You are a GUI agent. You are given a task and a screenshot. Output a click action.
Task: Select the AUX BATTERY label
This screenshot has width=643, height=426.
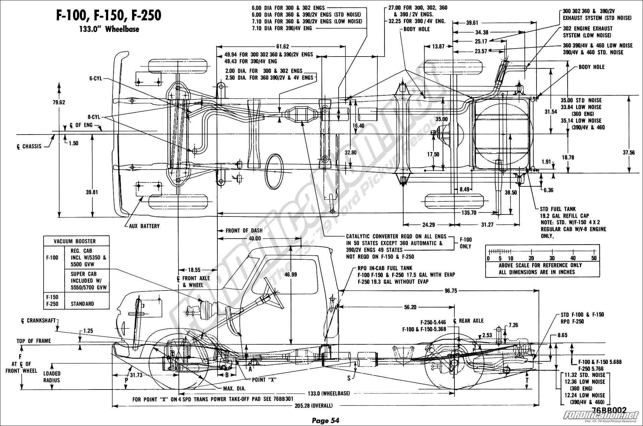point(144,226)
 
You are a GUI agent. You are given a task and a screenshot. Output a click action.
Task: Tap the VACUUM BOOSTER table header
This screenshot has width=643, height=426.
point(76,241)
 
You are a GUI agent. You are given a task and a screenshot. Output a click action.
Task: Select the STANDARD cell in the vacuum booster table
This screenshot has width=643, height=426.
point(82,304)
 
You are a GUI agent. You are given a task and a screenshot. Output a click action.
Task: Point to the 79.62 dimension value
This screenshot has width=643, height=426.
point(59,102)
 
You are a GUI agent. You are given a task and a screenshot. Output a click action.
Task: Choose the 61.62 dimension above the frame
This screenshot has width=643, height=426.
point(282,47)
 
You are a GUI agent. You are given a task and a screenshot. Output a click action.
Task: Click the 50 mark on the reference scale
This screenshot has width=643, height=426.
point(594,258)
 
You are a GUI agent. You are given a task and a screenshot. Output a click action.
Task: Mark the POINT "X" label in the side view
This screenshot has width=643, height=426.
point(265,379)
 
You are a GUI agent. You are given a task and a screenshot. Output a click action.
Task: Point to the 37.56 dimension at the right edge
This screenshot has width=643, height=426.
point(629,152)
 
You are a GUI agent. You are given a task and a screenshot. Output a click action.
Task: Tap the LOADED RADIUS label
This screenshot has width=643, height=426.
point(52,377)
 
